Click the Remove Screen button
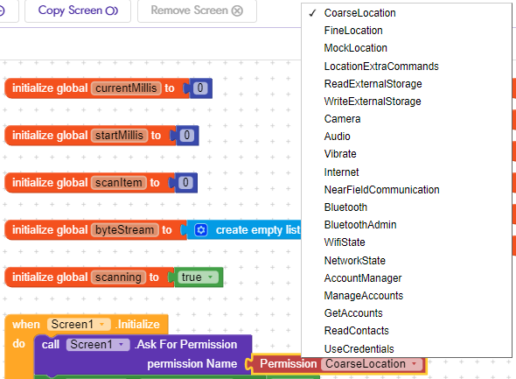[197, 11]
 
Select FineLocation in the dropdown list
[347, 31]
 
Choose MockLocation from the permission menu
[355, 48]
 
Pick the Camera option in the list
[342, 119]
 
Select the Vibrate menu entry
[340, 154]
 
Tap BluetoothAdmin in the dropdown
[359, 225]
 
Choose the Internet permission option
[341, 172]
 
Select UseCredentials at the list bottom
[359, 348]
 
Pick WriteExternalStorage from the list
[372, 102]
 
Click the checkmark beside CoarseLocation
[312, 13]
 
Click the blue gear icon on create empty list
[200, 230]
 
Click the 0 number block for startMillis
[186, 136]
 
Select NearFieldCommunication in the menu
[381, 190]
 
